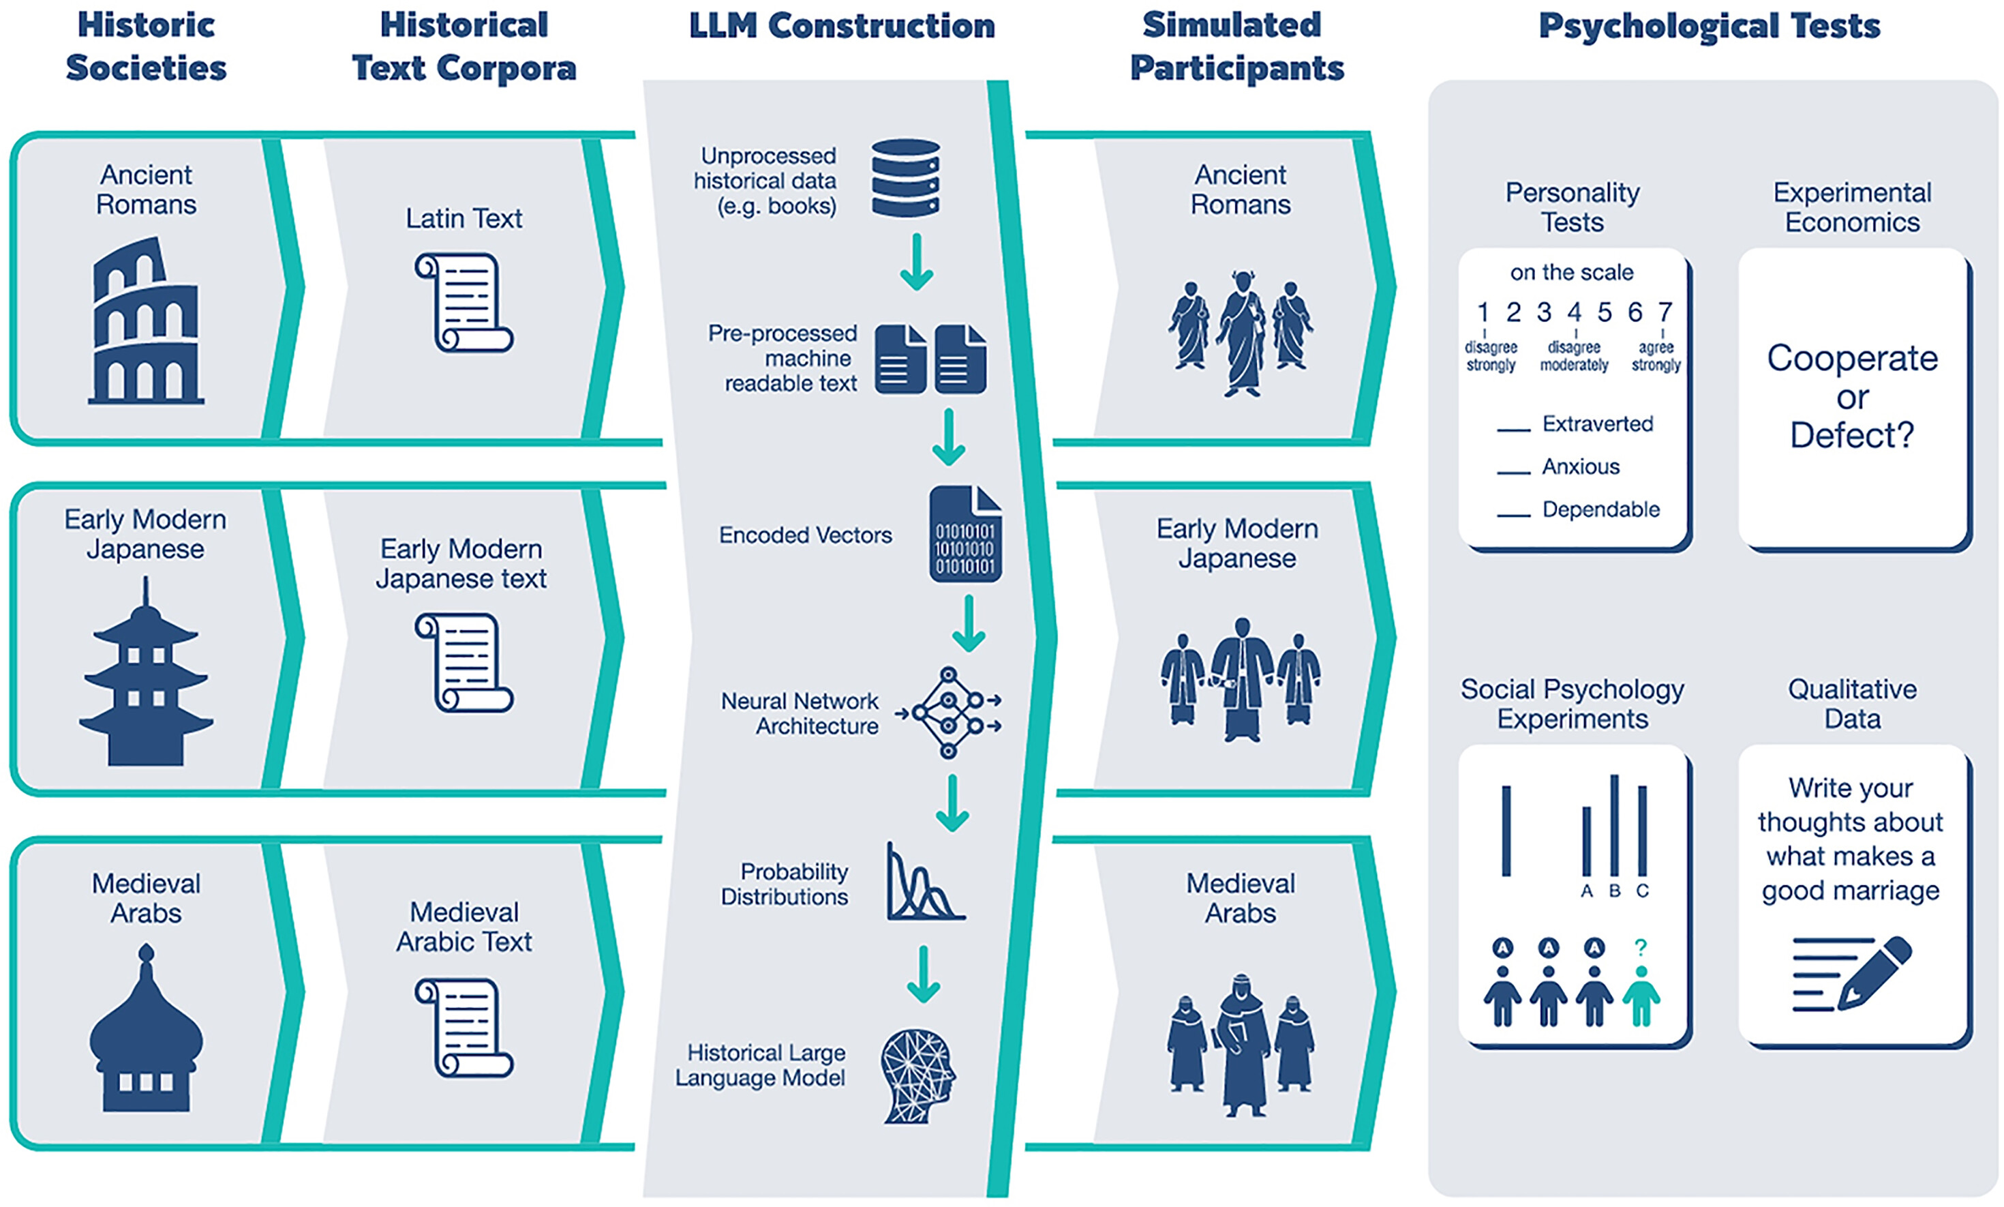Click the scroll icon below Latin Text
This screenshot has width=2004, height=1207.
(x=464, y=301)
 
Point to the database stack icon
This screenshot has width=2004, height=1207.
(x=906, y=178)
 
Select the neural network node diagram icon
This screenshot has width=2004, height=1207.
(x=948, y=713)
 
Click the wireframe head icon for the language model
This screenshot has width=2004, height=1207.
(x=919, y=1077)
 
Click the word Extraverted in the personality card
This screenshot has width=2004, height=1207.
(x=1598, y=423)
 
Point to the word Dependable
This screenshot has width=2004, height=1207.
(x=1600, y=509)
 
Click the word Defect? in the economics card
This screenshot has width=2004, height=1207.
(x=1852, y=435)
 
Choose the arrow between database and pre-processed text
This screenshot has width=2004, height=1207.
(x=916, y=262)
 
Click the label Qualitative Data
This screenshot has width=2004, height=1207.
(x=1852, y=704)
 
